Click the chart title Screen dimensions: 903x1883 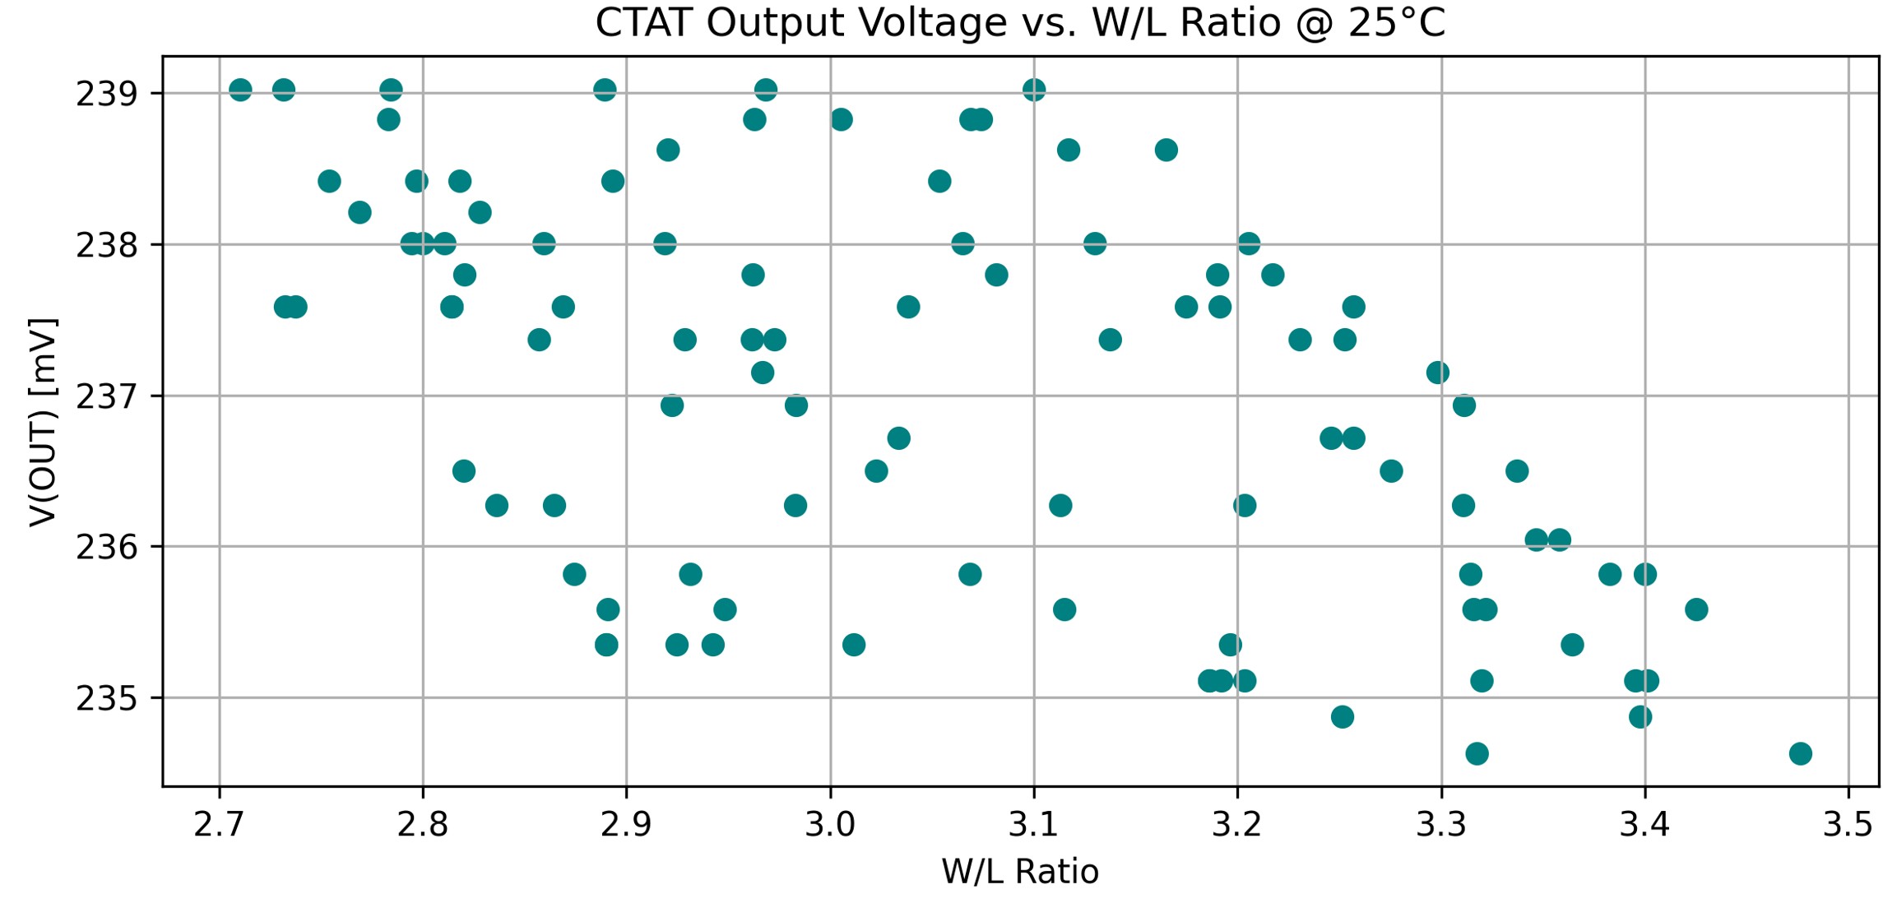[1020, 23]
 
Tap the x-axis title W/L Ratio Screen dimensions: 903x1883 [1020, 872]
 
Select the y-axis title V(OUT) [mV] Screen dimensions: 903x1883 [43, 421]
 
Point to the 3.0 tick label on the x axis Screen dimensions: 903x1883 [830, 824]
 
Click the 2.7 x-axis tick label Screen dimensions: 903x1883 [219, 824]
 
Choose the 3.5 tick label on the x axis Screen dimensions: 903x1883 [1848, 824]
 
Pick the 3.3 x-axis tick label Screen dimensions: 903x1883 [1441, 824]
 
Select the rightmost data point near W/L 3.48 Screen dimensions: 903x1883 [1801, 753]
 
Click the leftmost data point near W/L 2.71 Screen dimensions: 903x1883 [240, 90]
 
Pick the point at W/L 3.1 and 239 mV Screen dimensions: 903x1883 [1034, 90]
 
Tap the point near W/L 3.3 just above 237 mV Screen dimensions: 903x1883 [1438, 373]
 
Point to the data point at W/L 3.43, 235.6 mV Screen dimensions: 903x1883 [1696, 609]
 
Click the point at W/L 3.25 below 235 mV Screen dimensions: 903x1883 [1343, 717]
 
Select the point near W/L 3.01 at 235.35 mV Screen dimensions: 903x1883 [854, 645]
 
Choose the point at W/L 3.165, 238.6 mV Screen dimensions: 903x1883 [1166, 150]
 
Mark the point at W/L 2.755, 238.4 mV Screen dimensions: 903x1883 [329, 181]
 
